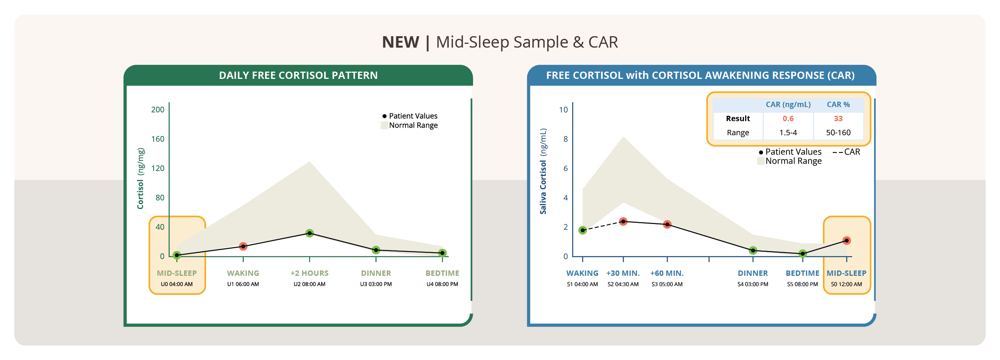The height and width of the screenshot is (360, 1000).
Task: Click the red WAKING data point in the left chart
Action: [243, 246]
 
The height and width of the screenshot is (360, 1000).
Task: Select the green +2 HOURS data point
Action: [309, 233]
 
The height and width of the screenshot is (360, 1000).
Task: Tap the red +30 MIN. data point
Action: [623, 221]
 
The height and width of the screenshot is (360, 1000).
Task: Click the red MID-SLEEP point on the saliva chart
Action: [846, 240]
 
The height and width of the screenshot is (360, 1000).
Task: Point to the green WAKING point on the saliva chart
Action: [583, 230]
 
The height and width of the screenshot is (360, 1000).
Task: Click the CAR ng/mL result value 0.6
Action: [788, 118]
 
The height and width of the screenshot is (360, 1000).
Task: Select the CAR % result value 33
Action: [838, 118]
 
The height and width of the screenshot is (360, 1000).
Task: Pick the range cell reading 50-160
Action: [838, 133]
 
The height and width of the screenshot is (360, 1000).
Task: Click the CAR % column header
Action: [838, 104]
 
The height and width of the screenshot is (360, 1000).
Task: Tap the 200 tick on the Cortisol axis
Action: [158, 109]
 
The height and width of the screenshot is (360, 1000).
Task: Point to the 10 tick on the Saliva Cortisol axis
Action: [563, 109]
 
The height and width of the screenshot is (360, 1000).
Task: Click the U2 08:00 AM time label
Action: [309, 284]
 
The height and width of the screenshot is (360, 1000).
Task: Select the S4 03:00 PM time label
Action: [753, 284]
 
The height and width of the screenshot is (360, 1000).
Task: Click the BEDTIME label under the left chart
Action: [442, 273]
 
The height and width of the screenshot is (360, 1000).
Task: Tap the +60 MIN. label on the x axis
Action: [667, 273]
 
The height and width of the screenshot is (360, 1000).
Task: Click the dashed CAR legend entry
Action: [846, 152]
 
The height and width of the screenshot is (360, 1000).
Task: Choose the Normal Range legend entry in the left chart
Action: [409, 125]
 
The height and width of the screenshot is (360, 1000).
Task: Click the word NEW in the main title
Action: [400, 42]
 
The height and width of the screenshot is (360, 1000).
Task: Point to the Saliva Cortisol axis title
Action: [543, 171]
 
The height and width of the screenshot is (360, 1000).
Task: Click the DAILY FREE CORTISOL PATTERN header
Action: [298, 75]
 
